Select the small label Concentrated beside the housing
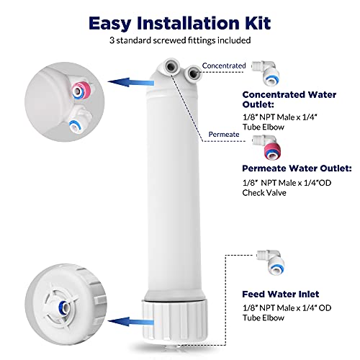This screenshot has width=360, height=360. pyautogui.click(x=223, y=66)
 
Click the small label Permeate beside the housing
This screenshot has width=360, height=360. pyautogui.click(x=224, y=133)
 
